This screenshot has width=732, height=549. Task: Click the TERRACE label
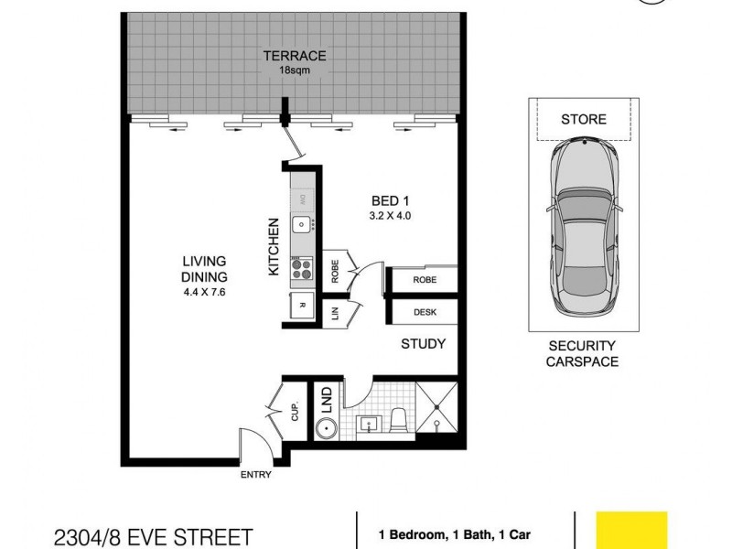click(295, 56)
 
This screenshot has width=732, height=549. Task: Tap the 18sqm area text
click(295, 70)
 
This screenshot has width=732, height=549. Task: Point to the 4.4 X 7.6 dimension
click(203, 293)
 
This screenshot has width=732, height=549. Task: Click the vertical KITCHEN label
click(273, 247)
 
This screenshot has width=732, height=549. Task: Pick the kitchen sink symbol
click(300, 224)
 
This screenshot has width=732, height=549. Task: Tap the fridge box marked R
click(302, 305)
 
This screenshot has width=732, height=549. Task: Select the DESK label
click(424, 312)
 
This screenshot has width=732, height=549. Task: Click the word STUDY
click(423, 344)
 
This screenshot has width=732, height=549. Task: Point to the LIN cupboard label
click(335, 314)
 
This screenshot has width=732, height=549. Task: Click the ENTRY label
click(255, 476)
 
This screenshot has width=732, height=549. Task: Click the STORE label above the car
click(582, 119)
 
